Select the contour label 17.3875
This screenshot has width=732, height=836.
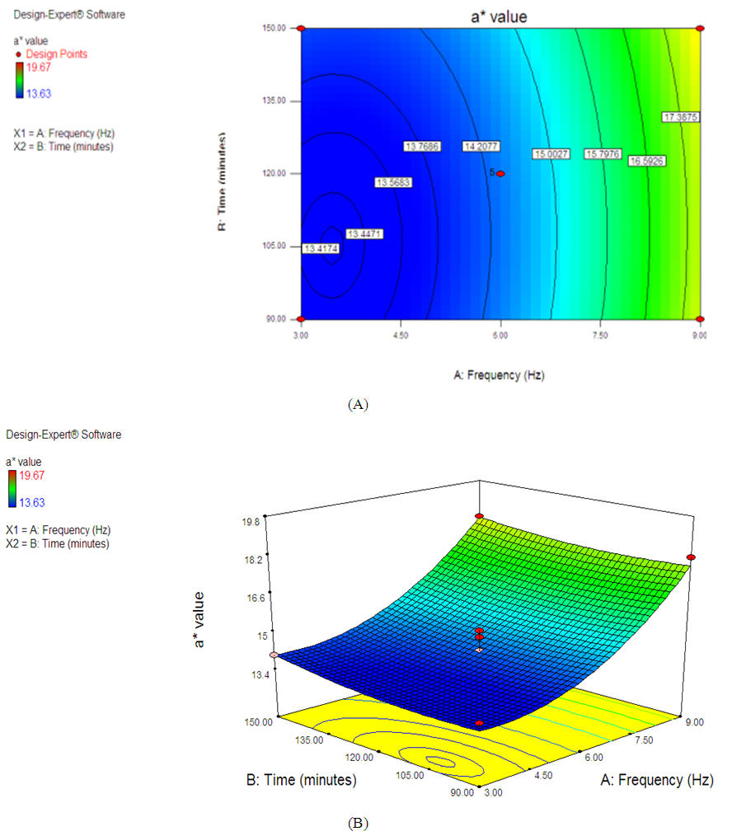click(x=681, y=117)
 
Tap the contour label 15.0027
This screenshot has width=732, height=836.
click(x=551, y=153)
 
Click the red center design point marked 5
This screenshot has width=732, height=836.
click(x=500, y=173)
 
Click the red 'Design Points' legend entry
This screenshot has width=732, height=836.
click(x=55, y=54)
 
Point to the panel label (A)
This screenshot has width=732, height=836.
click(x=359, y=404)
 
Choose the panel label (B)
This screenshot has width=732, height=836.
click(x=359, y=823)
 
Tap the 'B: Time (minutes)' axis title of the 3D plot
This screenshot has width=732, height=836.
click(x=302, y=780)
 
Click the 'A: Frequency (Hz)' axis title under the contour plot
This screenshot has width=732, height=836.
click(x=500, y=374)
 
